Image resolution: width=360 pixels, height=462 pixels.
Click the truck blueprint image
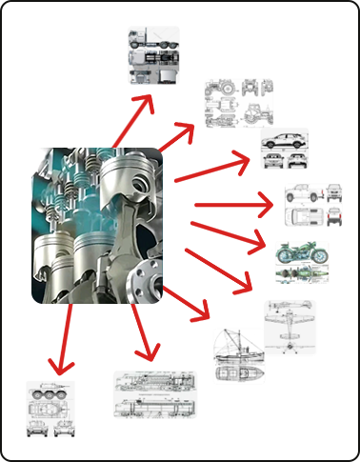point(153,56)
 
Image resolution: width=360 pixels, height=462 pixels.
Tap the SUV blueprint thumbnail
point(285,150)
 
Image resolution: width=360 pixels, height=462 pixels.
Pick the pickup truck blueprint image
point(310,205)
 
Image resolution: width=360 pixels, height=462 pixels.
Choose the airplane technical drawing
point(290,328)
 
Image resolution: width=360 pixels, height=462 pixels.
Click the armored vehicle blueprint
point(50,409)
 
